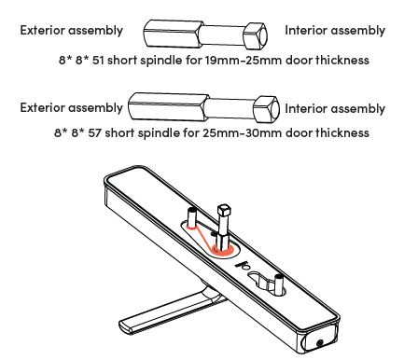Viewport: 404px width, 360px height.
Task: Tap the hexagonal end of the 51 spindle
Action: [x=258, y=35]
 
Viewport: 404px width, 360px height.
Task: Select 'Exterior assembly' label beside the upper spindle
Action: [x=71, y=31]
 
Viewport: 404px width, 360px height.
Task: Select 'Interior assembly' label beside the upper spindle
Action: [x=334, y=31]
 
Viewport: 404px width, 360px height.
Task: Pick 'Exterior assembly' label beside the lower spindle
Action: [x=71, y=107]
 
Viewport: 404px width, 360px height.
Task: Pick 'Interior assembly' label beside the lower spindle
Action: [x=334, y=108]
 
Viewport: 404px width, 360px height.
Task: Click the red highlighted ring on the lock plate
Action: [x=223, y=248]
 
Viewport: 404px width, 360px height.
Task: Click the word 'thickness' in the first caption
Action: [x=343, y=60]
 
